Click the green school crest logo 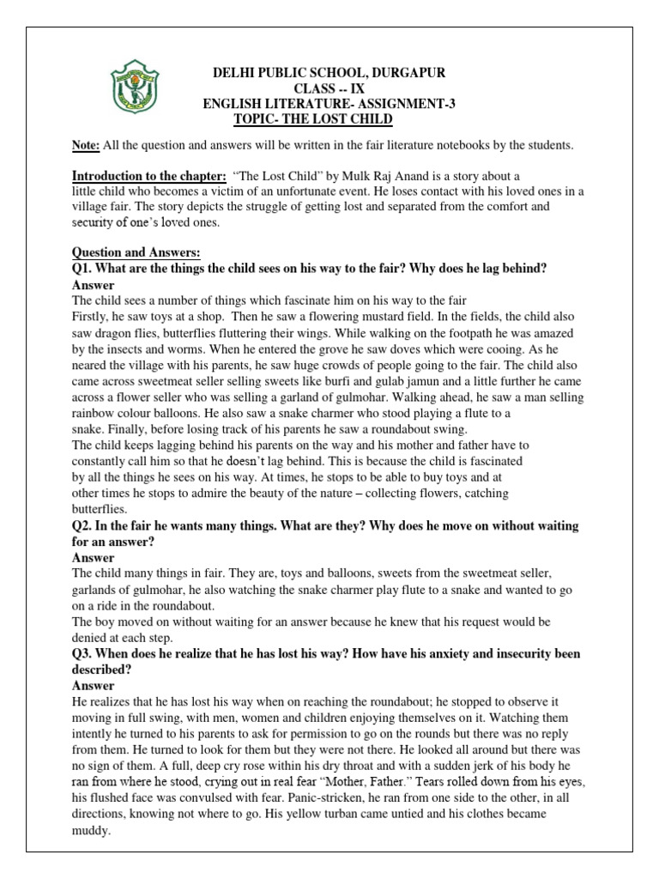tap(130, 90)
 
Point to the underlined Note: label tap(86, 144)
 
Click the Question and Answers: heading tap(136, 253)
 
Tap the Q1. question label tap(86, 269)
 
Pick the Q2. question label tap(86, 524)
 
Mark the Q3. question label tap(86, 655)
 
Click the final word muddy tap(93, 831)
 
